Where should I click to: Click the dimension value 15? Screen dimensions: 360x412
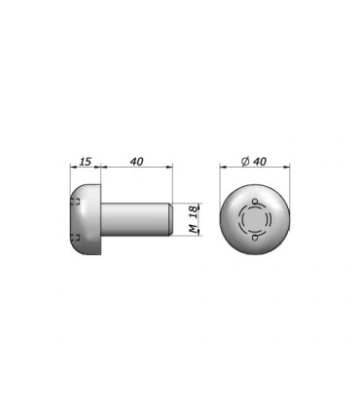86,162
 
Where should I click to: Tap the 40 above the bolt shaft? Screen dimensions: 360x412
137,162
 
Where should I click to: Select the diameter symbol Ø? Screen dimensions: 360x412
245,162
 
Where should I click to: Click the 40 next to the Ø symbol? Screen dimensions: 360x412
260,162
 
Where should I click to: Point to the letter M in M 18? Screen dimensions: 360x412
194,229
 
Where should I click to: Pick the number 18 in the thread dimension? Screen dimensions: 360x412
194,212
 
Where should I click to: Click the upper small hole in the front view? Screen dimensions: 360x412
255,200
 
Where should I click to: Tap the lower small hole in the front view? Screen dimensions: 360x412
255,239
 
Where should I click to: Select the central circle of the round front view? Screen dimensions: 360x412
255,219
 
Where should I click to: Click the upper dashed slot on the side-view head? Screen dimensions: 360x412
76,202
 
